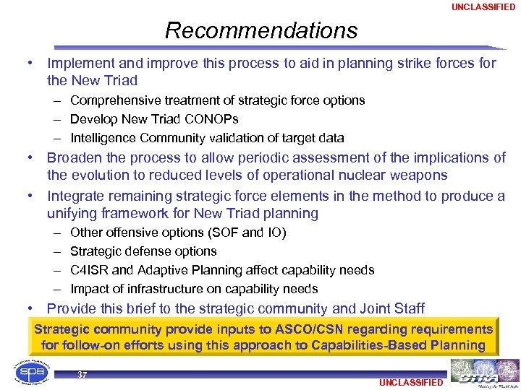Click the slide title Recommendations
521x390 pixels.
[x=260, y=30]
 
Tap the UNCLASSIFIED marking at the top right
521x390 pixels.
[x=483, y=7]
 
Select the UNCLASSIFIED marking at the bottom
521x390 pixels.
[x=410, y=382]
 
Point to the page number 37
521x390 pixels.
[x=82, y=375]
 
